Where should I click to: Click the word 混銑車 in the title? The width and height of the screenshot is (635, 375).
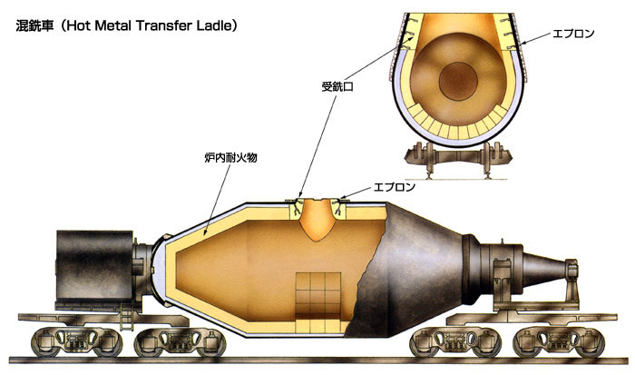click(x=34, y=26)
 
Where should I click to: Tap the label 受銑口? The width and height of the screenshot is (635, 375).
click(x=337, y=87)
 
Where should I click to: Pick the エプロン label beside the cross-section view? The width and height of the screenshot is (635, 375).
click(x=573, y=34)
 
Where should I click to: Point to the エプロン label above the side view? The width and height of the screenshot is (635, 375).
click(x=394, y=187)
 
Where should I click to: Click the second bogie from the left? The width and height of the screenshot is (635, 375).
click(x=180, y=341)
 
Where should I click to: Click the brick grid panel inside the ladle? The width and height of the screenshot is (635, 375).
click(x=317, y=302)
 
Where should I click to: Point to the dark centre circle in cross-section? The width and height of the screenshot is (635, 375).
click(x=458, y=80)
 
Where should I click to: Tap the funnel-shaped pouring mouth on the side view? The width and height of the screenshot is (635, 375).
click(x=317, y=220)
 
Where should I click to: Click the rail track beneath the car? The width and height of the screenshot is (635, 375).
click(x=318, y=360)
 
